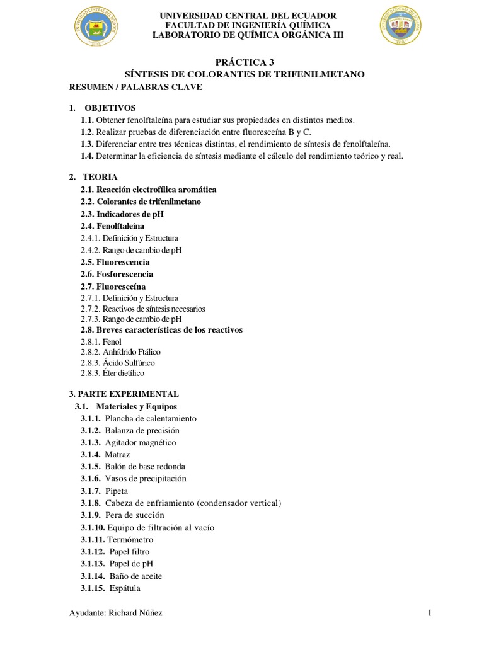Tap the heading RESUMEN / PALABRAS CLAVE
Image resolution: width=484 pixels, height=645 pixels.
point(135,87)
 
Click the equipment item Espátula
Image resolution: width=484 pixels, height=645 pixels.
point(125,588)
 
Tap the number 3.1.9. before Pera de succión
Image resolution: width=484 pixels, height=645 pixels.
point(91,515)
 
